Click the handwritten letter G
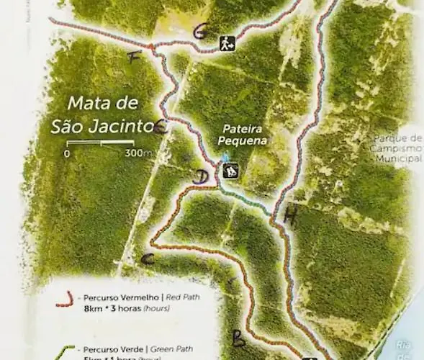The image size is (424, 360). point(201,31)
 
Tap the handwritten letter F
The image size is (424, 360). point(133,58)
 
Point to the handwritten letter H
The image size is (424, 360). point(291,215)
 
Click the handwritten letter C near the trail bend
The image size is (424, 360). point(149,258)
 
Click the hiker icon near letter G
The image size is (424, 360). point(227,43)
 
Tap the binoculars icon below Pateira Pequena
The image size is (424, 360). point(230,171)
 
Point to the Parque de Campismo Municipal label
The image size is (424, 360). point(397,148)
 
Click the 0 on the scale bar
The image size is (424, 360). point(66,153)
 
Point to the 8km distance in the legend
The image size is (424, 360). point(94,309)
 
